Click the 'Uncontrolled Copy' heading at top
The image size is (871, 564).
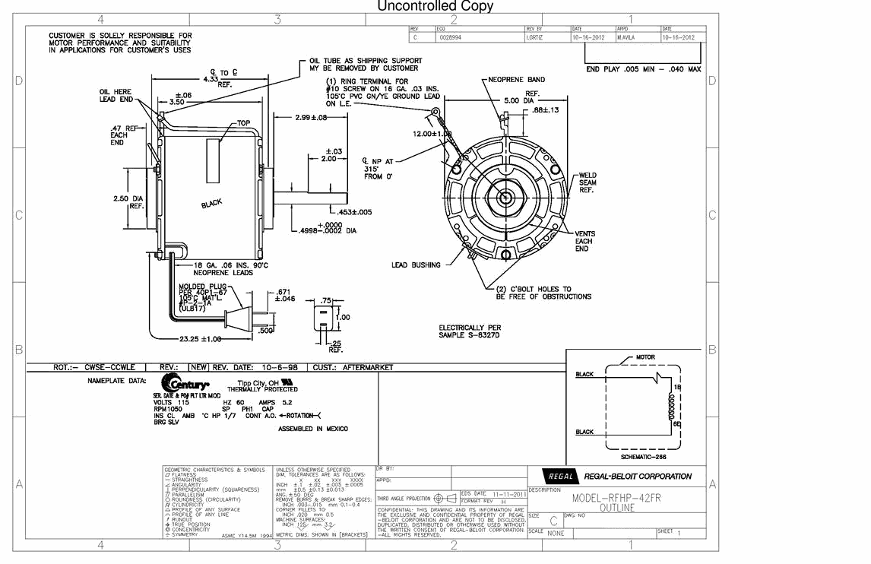coord(435,7)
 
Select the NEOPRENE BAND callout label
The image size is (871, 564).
coord(516,80)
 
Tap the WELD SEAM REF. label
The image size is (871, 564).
coord(588,182)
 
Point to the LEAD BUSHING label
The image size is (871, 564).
coord(416,265)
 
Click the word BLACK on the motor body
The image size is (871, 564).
coord(212,204)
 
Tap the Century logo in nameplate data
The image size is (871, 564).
coord(185,384)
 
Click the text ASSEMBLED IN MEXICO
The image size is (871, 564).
coord(313,429)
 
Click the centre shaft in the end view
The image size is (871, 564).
coord(505,197)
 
